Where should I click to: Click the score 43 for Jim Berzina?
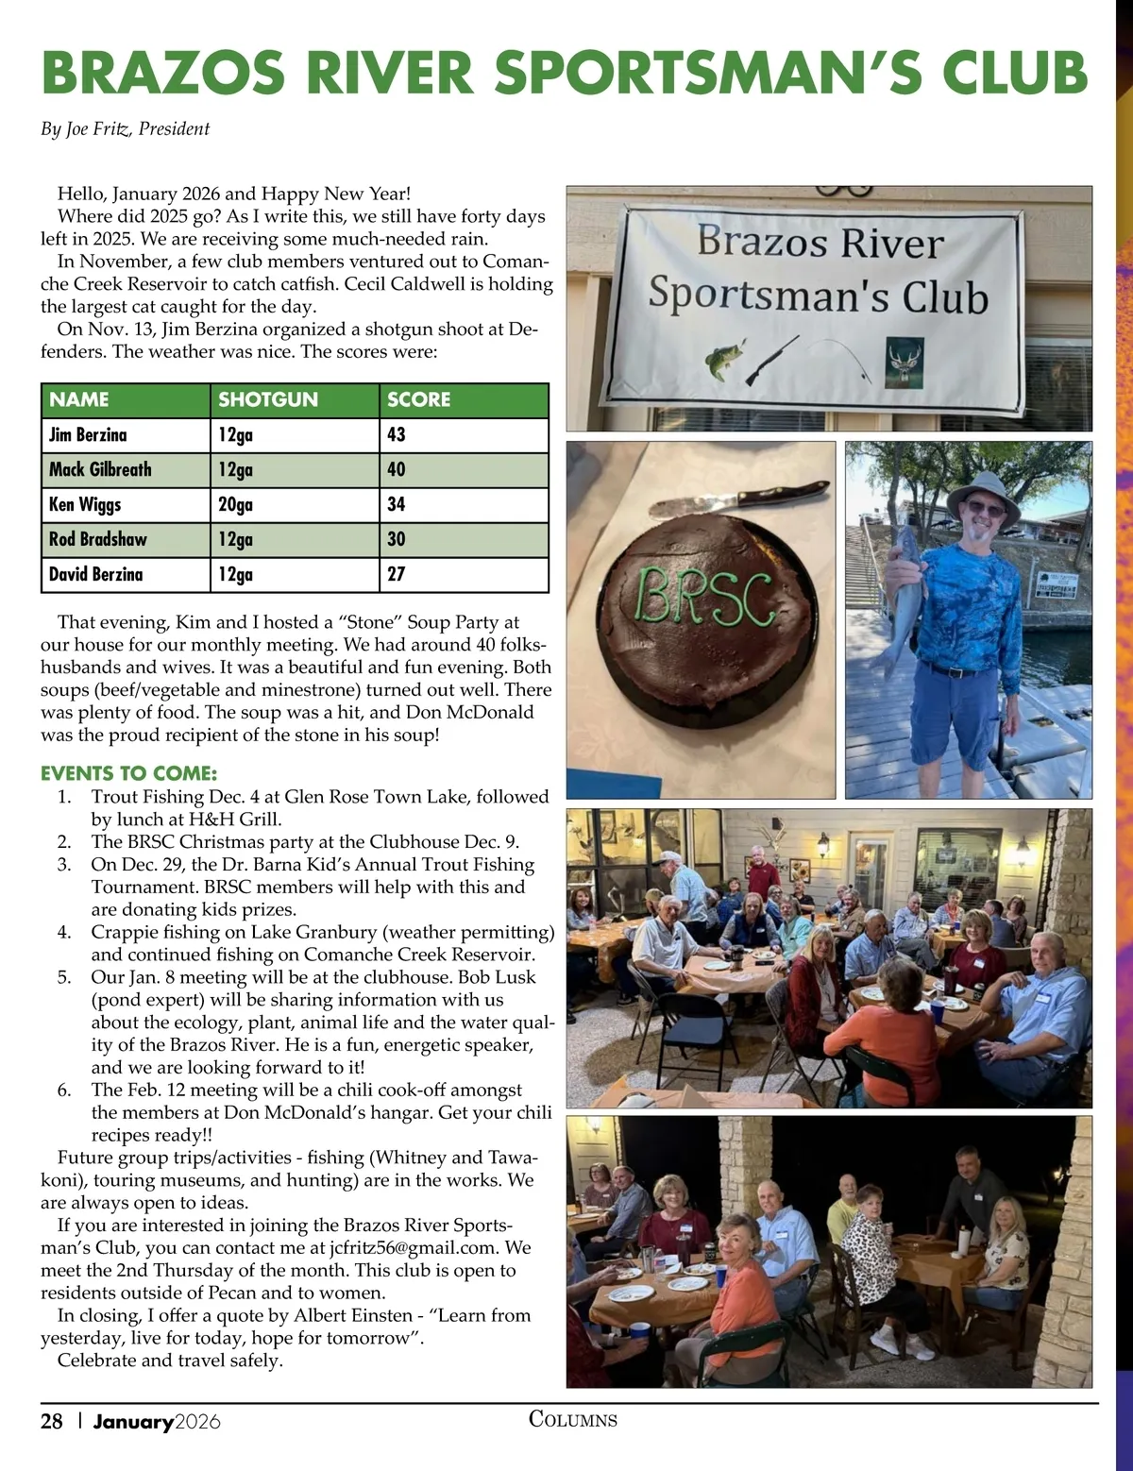click(397, 434)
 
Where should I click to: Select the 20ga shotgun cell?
click(235, 504)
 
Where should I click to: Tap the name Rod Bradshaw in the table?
click(98, 539)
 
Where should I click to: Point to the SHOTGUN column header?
click(268, 399)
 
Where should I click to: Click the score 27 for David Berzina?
click(397, 574)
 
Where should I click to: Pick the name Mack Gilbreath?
click(100, 469)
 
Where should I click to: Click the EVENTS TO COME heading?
click(128, 773)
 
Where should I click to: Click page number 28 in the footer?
click(52, 1421)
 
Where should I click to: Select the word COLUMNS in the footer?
click(573, 1419)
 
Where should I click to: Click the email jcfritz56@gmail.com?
click(413, 1247)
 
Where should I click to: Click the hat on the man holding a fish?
click(983, 493)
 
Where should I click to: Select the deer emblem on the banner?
click(905, 363)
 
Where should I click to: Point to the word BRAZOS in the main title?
click(163, 73)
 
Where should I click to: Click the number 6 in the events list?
click(64, 1091)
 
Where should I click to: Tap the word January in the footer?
click(133, 1421)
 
